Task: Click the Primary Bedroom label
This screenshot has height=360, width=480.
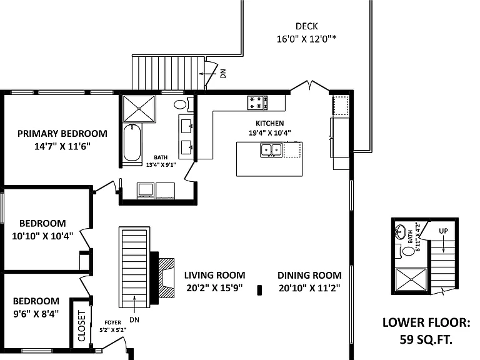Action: pos(62,134)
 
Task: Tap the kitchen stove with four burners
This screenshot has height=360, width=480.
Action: pos(257,103)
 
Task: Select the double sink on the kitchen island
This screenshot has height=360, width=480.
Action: pos(271,150)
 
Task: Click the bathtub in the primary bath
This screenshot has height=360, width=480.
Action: pos(132,142)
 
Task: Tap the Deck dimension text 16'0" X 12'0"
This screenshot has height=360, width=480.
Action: pos(306,39)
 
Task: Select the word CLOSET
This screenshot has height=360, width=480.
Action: pos(81,326)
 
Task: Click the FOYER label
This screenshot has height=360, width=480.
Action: pos(112,322)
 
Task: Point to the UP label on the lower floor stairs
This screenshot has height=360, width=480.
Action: pos(443,231)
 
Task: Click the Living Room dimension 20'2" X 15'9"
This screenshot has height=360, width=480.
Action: pos(214,287)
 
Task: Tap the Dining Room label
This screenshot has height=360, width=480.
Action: pos(309,275)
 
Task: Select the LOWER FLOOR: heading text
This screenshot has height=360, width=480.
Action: pos(426,322)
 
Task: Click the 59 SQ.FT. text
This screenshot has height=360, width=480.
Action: pos(426,339)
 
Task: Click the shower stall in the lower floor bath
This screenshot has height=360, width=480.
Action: pos(411,279)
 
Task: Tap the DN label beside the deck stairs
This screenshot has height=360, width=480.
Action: pos(223,74)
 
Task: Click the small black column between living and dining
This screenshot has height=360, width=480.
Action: pos(259,290)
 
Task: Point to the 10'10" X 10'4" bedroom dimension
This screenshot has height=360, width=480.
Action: pos(42,236)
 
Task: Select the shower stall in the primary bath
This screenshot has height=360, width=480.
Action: pos(139,109)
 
